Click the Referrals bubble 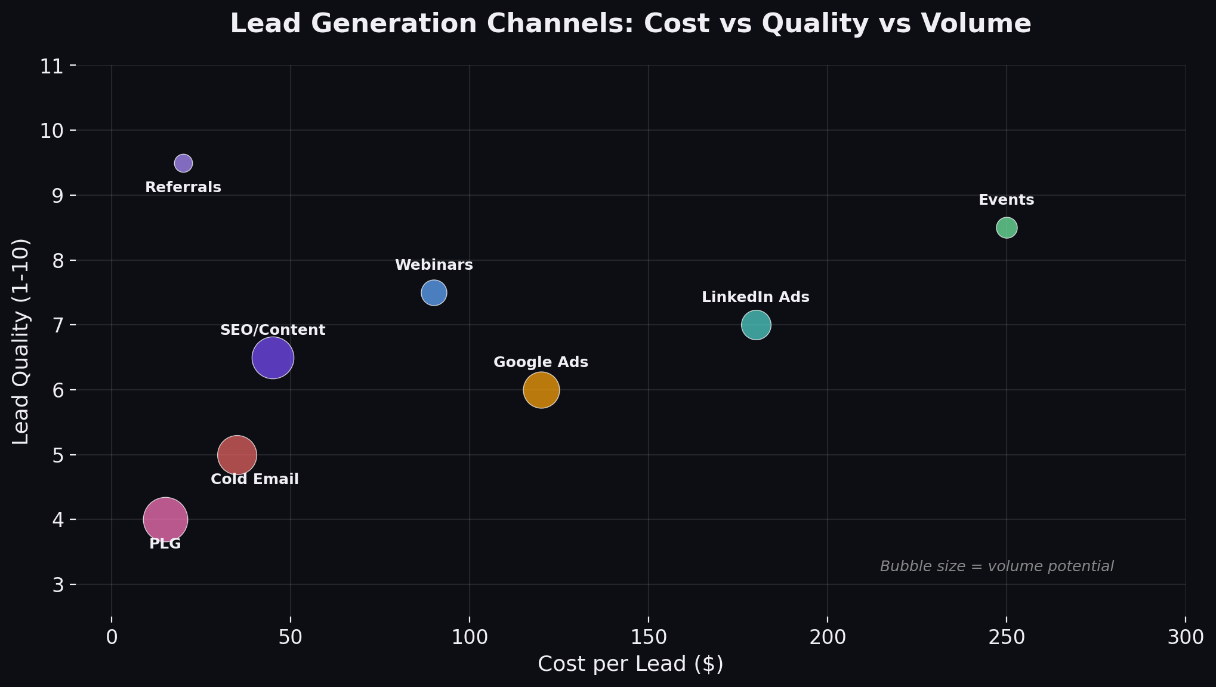click(x=183, y=163)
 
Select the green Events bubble click(x=1006, y=227)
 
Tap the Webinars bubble click(x=434, y=292)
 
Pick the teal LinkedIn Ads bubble click(x=756, y=325)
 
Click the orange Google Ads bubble click(x=541, y=390)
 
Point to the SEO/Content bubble click(x=273, y=358)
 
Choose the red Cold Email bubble click(x=237, y=455)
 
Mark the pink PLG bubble click(x=165, y=519)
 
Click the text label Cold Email click(x=255, y=479)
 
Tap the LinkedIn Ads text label click(x=755, y=297)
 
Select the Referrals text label click(x=183, y=187)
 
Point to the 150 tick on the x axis click(x=649, y=637)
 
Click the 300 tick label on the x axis click(x=1185, y=637)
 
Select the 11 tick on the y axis click(x=52, y=66)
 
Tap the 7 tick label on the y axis click(x=58, y=325)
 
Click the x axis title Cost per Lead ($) click(x=631, y=664)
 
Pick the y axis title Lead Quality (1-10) click(x=21, y=341)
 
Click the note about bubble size click(x=996, y=566)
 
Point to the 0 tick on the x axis click(x=112, y=637)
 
